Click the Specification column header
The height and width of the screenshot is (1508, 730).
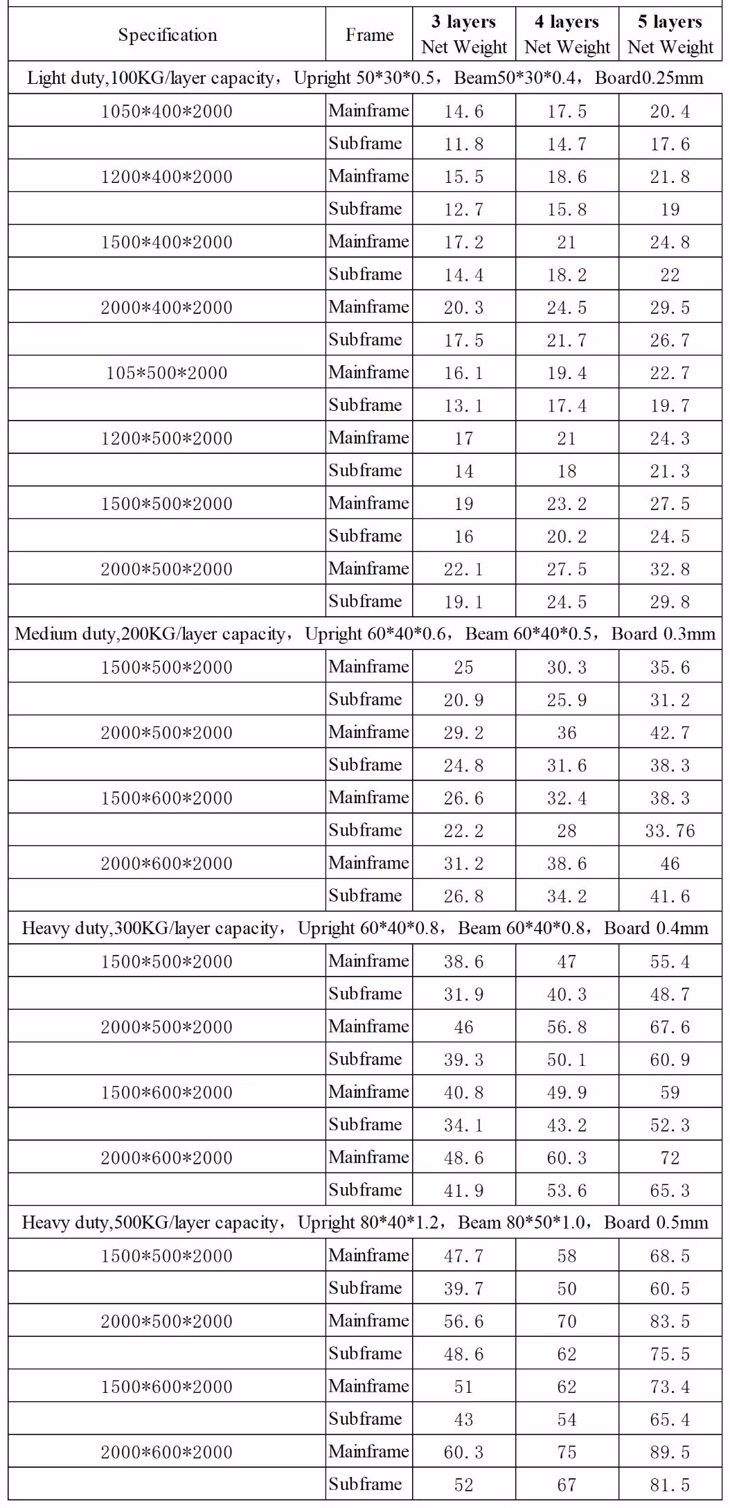click(167, 35)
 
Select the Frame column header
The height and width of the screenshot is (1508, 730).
click(369, 35)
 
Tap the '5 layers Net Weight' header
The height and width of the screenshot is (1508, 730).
click(670, 35)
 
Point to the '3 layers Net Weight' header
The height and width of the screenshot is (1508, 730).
click(464, 35)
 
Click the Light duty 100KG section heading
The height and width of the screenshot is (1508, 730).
click(365, 78)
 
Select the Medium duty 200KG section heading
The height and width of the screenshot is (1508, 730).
click(365, 633)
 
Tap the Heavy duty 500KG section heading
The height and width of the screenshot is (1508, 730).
click(365, 1222)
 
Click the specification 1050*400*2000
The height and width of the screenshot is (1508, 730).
click(167, 111)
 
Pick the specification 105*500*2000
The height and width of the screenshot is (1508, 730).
click(167, 373)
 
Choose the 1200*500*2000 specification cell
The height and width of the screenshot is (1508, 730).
click(167, 438)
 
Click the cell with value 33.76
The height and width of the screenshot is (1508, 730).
click(670, 830)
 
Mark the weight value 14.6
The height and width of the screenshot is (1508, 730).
click(464, 111)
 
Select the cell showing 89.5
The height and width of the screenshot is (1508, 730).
click(670, 1452)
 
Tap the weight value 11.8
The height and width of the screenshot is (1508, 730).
click(464, 143)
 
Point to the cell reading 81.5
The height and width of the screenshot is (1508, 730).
click(670, 1484)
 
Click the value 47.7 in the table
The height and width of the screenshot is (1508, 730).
click(464, 1256)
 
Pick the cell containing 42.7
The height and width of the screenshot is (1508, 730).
click(670, 733)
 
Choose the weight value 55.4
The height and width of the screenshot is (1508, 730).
click(670, 961)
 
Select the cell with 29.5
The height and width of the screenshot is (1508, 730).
click(670, 307)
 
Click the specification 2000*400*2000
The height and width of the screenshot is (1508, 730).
click(167, 307)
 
